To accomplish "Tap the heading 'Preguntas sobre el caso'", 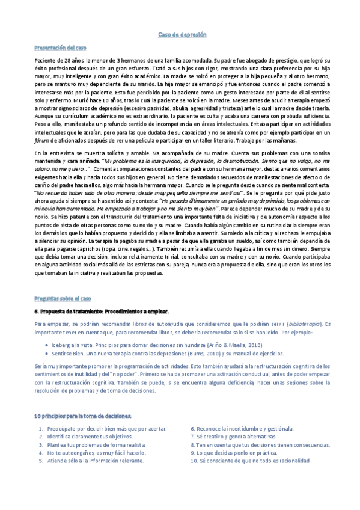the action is click(x=63, y=298).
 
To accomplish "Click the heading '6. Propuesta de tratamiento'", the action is click(x=102, y=311).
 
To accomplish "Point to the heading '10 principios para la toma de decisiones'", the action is click(x=82, y=416).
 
